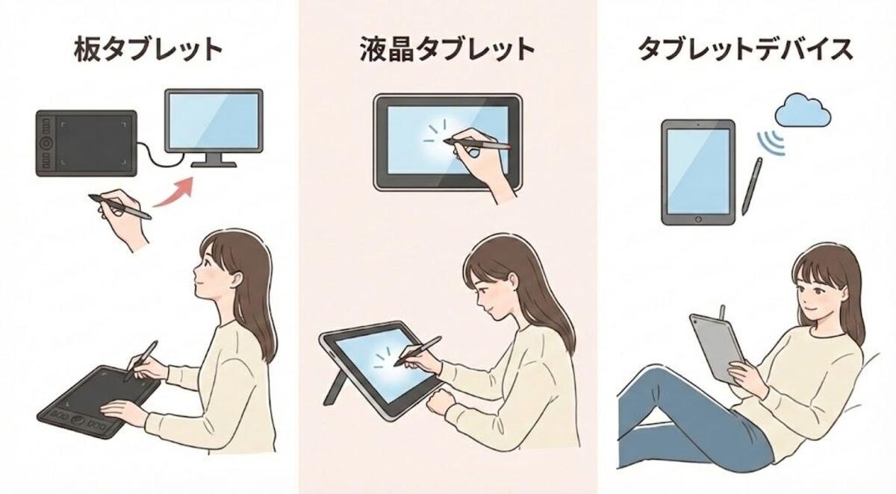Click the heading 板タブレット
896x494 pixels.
[x=149, y=50]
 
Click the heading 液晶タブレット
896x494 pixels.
[x=447, y=50]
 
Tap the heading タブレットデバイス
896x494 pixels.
[x=744, y=50]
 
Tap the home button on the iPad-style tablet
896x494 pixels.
[x=698, y=219]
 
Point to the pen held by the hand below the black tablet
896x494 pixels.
[x=119, y=207]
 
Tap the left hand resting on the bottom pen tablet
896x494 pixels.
[x=121, y=409]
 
